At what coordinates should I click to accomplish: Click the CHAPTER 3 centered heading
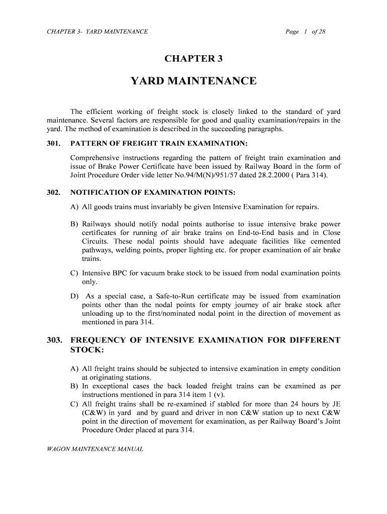[193, 59]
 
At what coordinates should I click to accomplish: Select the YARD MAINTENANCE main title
[193, 81]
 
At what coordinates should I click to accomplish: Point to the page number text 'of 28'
[319, 32]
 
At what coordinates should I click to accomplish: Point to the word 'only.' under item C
[90, 282]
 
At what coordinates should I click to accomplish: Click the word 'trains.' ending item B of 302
[91, 259]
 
